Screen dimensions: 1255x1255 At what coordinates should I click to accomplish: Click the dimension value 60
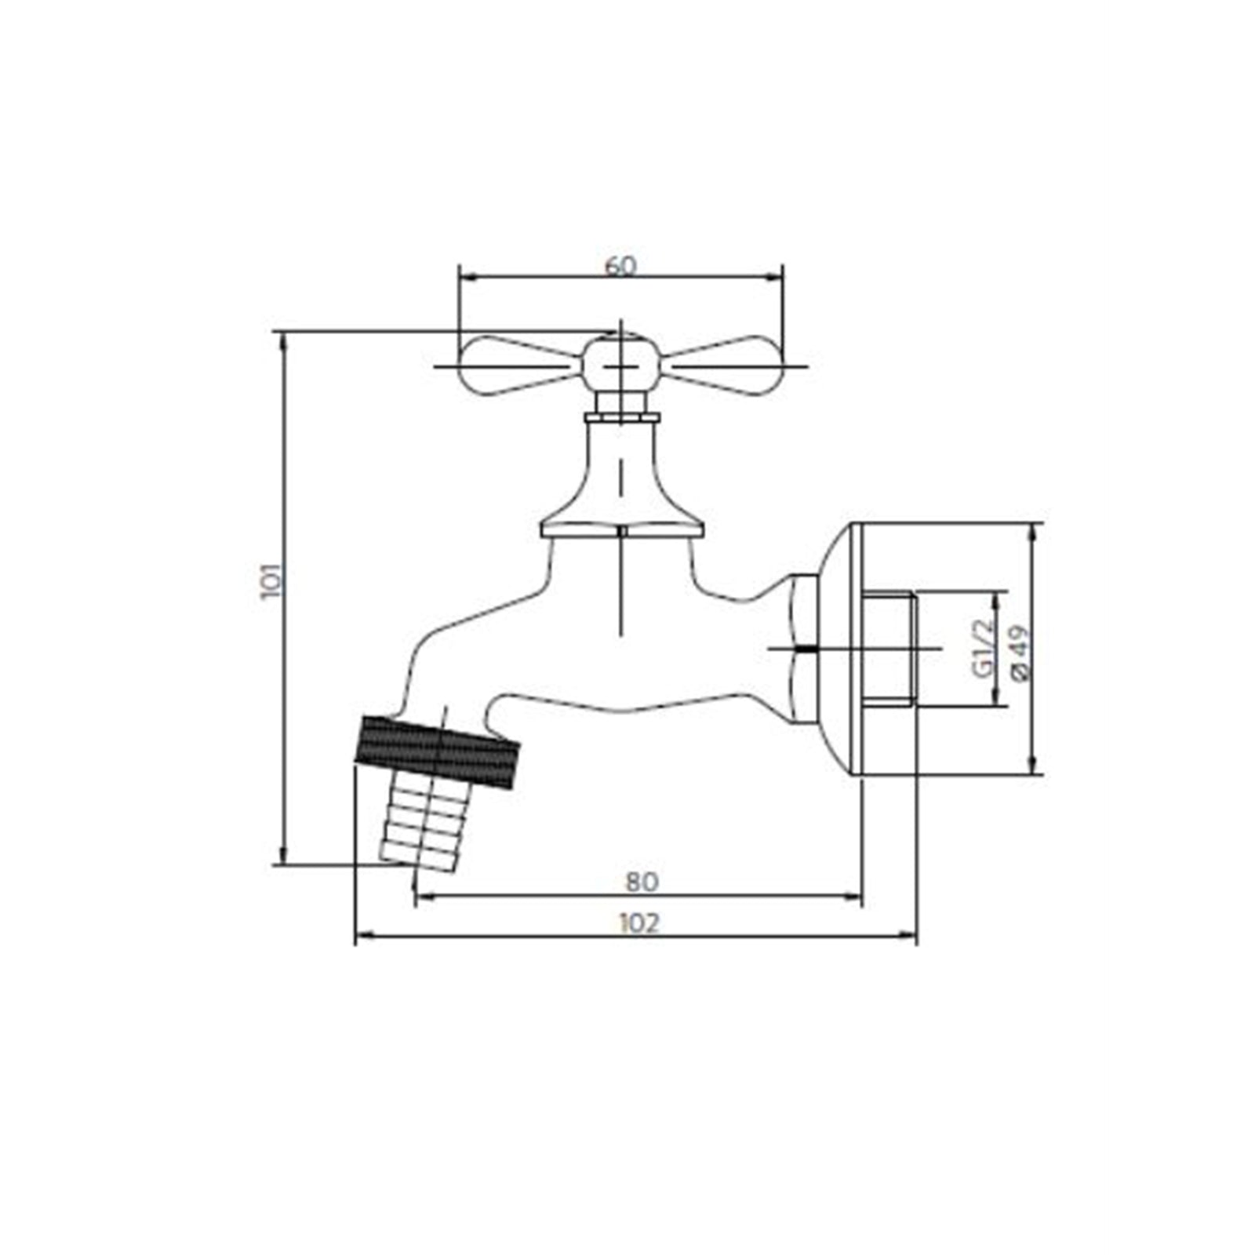[620, 266]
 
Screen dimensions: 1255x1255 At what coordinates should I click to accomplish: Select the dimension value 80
[642, 882]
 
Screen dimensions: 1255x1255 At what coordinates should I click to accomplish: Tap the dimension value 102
[639, 923]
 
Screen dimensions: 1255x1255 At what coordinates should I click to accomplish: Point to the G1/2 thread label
[981, 647]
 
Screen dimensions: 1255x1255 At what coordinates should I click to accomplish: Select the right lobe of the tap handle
[726, 366]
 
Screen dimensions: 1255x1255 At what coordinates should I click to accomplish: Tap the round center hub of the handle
[620, 365]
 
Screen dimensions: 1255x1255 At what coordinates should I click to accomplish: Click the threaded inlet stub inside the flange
[891, 649]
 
